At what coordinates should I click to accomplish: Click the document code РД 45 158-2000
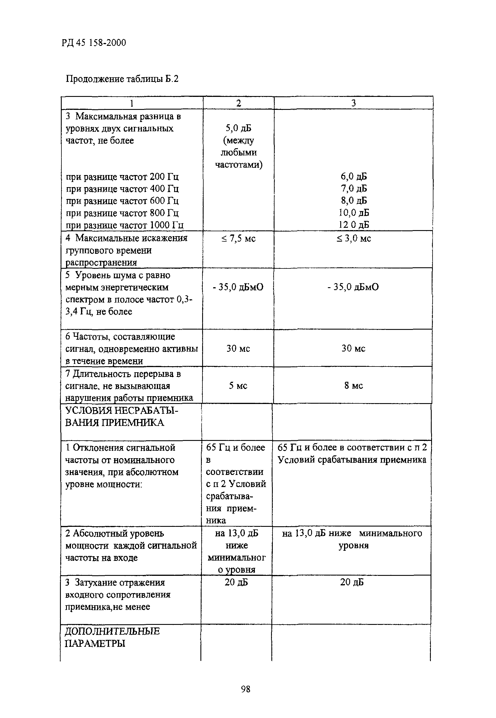(93, 43)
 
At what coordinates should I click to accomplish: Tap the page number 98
(245, 689)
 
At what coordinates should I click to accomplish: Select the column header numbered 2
(238, 103)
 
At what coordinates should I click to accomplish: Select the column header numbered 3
(353, 103)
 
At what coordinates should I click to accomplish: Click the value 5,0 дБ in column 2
(238, 128)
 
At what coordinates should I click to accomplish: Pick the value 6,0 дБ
(354, 176)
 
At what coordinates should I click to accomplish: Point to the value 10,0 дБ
(354, 213)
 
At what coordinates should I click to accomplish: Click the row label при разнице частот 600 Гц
(122, 201)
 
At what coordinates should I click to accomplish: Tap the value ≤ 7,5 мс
(238, 238)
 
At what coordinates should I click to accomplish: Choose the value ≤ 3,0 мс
(354, 238)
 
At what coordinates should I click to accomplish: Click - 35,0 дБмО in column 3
(353, 287)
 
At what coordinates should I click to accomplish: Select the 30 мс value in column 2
(238, 348)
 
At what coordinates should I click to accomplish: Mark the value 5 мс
(238, 386)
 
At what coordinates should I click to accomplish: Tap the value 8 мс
(353, 386)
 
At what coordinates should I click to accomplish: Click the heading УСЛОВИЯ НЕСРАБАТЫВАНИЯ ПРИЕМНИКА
(121, 416)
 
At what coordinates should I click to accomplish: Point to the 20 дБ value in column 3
(352, 582)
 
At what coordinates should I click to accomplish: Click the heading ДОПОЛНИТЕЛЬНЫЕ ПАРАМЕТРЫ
(112, 637)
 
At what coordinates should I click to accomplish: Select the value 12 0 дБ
(354, 225)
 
